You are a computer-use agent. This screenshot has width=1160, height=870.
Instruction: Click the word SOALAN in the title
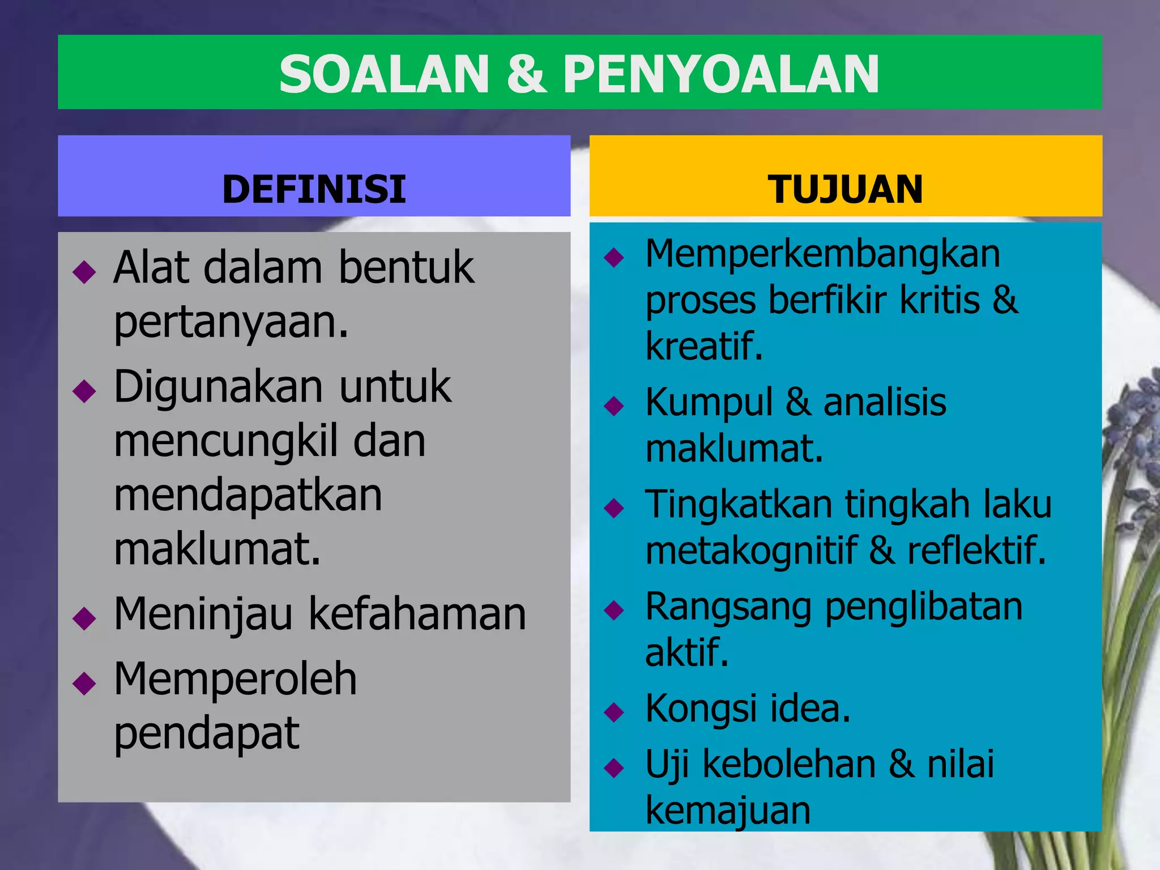click(384, 75)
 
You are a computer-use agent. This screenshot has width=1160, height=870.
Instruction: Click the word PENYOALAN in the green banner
click(720, 75)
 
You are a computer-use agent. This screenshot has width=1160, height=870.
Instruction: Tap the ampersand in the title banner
click(526, 75)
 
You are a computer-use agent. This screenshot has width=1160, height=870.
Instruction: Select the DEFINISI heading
click(314, 189)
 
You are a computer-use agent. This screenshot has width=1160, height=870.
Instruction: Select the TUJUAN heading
click(845, 189)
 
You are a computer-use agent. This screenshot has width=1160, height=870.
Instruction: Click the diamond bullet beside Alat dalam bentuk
click(84, 272)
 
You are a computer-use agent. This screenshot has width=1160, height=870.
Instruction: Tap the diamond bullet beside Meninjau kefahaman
click(84, 618)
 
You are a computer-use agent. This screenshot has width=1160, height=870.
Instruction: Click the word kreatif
click(703, 346)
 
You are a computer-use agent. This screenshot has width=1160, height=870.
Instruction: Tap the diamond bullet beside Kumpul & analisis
click(614, 406)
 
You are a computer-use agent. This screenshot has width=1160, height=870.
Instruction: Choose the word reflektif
click(976, 551)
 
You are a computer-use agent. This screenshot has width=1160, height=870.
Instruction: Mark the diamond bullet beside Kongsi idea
click(614, 712)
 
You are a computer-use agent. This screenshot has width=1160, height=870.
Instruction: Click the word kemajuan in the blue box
click(728, 811)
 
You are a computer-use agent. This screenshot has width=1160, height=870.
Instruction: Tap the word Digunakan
click(219, 387)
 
